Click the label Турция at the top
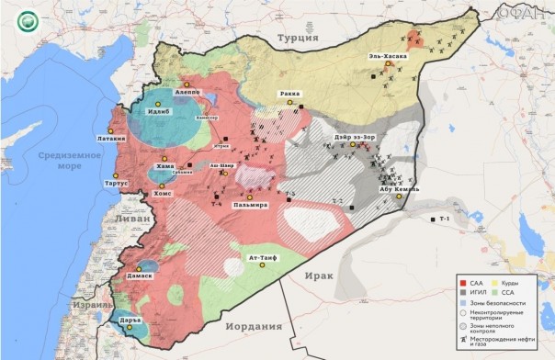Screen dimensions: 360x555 (299, 39)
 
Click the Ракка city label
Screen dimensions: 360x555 (289, 94)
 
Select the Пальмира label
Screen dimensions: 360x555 (250, 205)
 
